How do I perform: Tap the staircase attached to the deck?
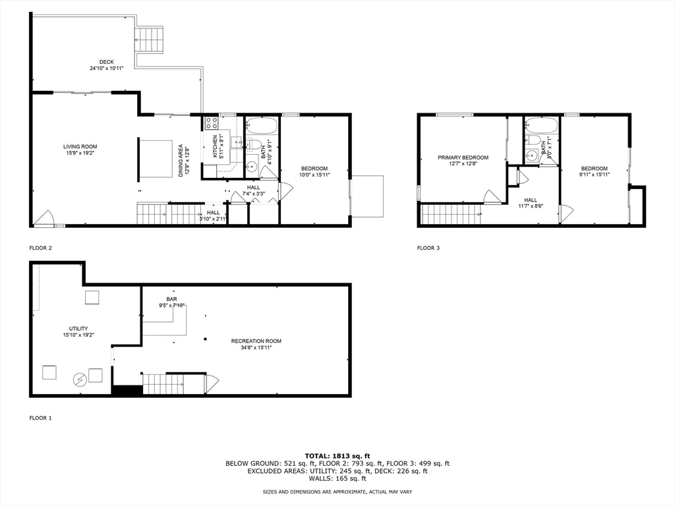click(x=149, y=40)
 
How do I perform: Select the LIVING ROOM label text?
click(x=80, y=150)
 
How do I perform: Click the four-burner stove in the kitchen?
click(x=211, y=123)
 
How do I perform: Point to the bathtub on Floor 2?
click(x=262, y=125)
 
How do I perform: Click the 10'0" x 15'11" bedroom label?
click(x=314, y=171)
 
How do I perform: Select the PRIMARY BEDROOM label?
click(x=463, y=161)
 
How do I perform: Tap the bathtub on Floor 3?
click(x=542, y=125)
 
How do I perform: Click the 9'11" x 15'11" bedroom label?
click(x=594, y=171)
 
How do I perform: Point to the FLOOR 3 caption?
click(x=428, y=248)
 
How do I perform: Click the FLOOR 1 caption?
click(x=40, y=418)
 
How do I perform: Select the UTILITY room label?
click(x=78, y=331)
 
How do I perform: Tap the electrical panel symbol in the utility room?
click(x=80, y=379)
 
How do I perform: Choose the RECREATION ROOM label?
click(x=256, y=344)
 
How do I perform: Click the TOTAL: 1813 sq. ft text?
click(x=337, y=455)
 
